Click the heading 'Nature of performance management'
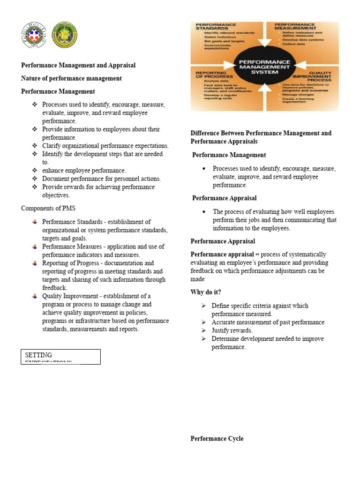pos(71,78)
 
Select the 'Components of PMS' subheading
pos(48,208)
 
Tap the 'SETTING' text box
pos(60,356)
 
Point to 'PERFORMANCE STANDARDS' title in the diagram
pos(216,26)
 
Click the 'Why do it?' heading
pos(206,292)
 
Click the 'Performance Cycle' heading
pos(217,438)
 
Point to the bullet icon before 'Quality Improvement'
pos(35,296)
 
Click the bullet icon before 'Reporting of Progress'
pos(35,263)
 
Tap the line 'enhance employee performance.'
pos(84,170)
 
